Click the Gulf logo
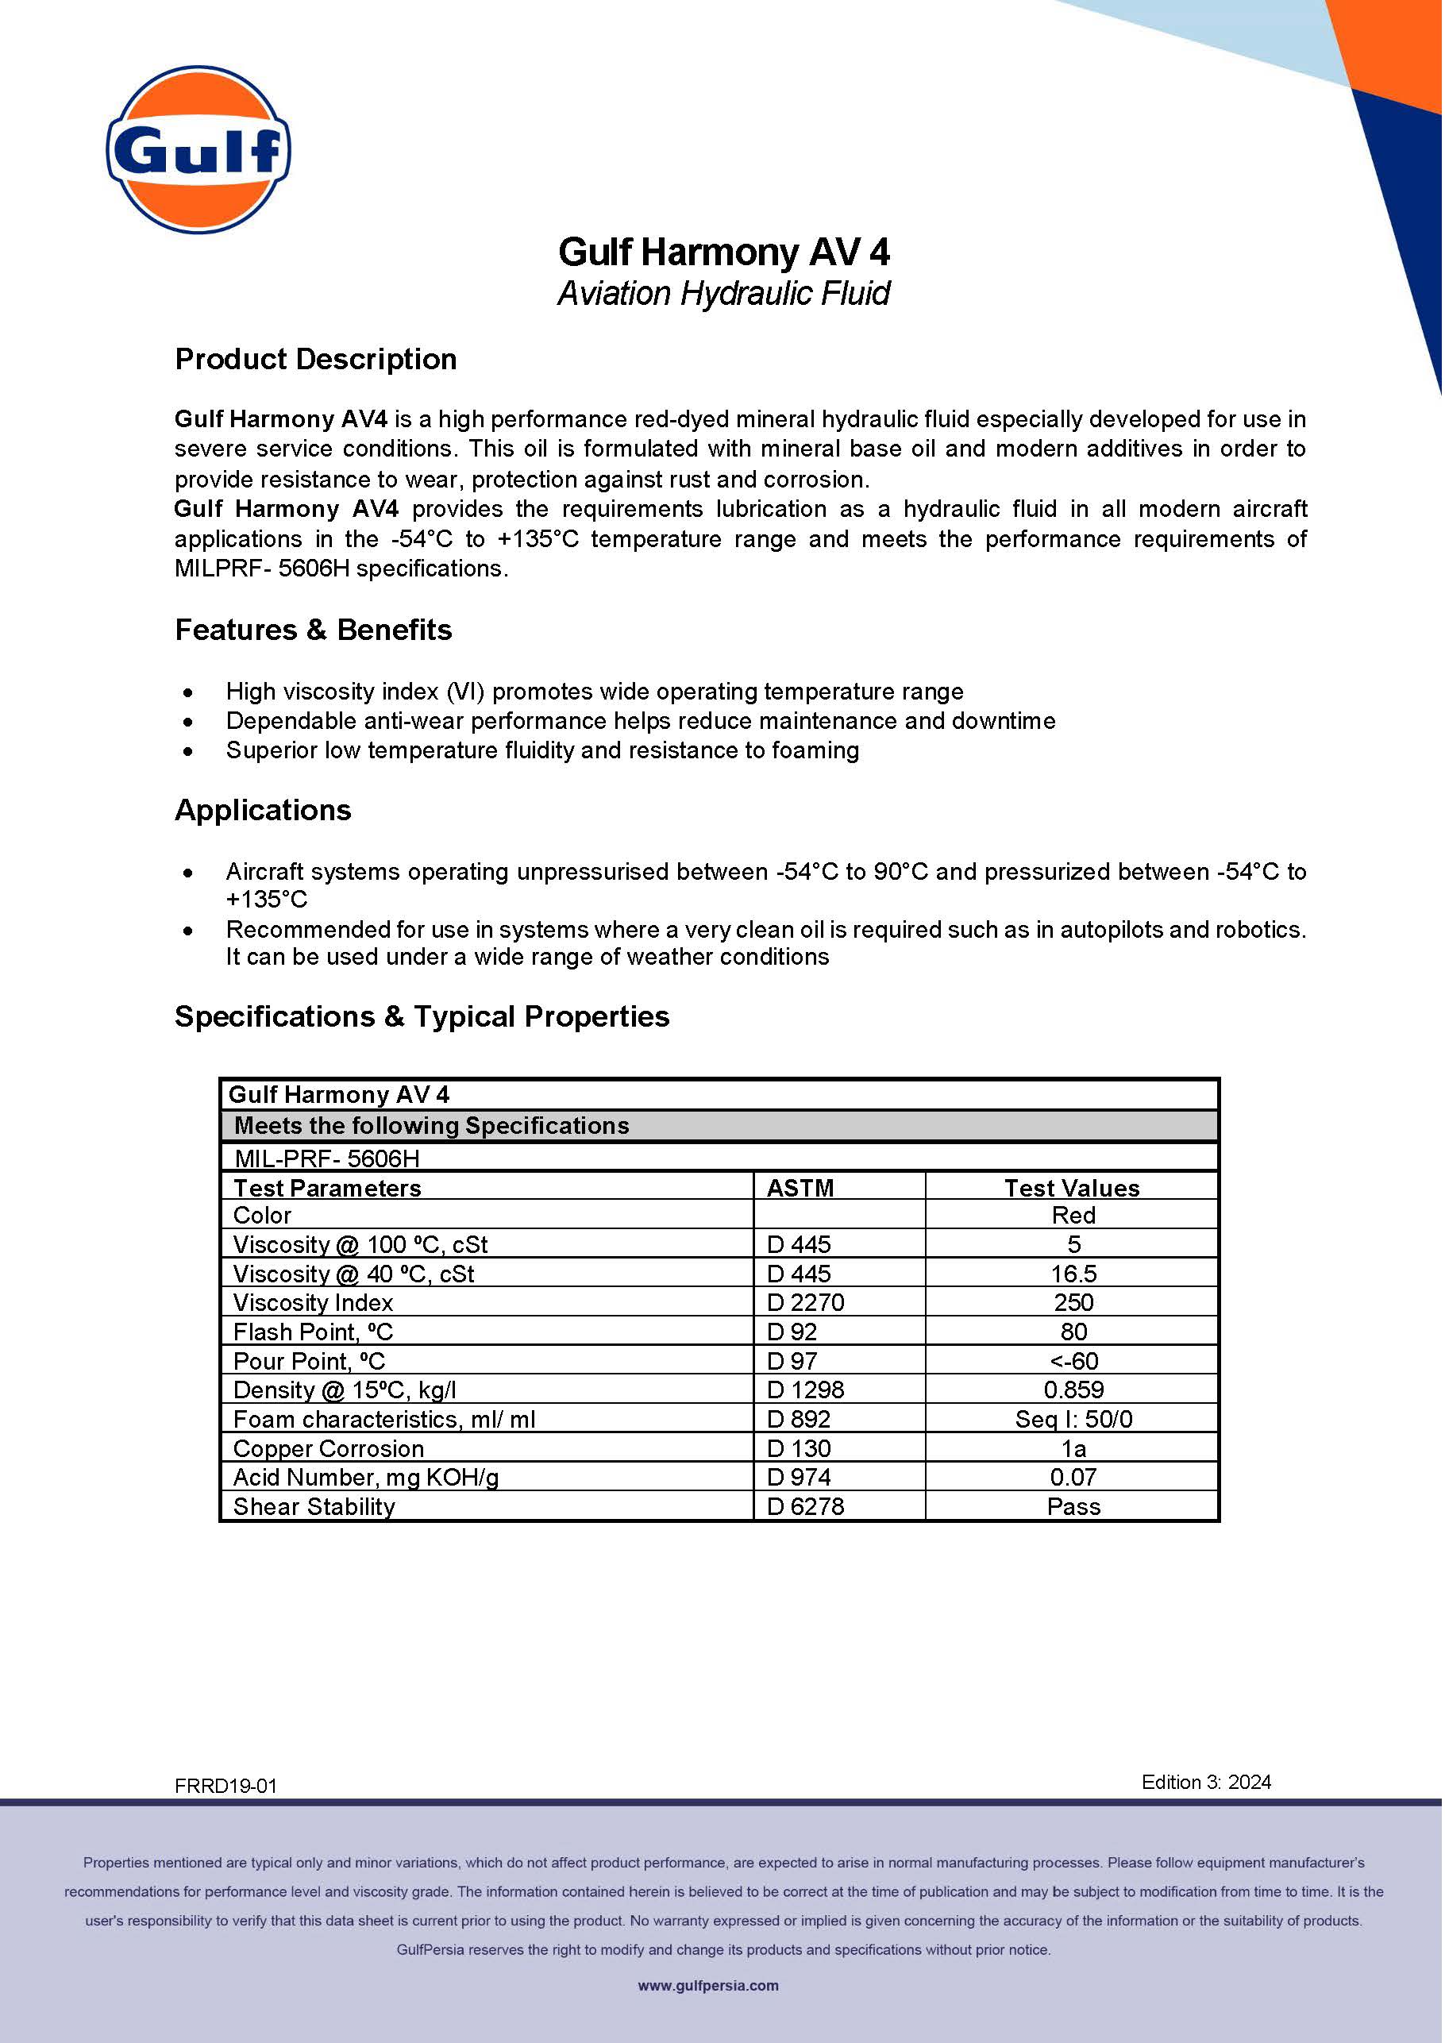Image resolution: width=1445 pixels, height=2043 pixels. click(198, 149)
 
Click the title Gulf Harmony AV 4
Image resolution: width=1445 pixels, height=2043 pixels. click(723, 252)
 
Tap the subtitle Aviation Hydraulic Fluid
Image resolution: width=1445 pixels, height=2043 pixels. click(723, 294)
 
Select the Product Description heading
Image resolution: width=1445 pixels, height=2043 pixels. click(316, 360)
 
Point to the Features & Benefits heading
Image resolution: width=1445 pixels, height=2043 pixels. click(313, 630)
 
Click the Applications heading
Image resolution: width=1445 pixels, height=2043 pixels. click(263, 810)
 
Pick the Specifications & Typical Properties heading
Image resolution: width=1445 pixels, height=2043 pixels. click(422, 1016)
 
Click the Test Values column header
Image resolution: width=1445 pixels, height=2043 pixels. click(1072, 1188)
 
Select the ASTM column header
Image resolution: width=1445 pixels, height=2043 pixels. click(800, 1188)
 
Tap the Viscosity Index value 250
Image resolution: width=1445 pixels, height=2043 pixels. click(1073, 1303)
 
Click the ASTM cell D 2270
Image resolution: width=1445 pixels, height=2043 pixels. click(805, 1303)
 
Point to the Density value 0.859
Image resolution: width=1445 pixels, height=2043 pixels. click(1073, 1390)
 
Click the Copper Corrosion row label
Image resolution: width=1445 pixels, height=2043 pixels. click(329, 1448)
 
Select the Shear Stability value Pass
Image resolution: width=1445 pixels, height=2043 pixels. click(1073, 1506)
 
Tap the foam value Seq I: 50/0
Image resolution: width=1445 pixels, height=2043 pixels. click(1073, 1419)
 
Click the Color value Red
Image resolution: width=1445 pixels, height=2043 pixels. click(1073, 1216)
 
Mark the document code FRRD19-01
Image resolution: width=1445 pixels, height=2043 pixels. click(226, 1786)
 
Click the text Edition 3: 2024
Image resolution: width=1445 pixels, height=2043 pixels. click(1206, 1783)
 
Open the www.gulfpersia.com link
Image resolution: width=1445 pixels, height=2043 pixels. click(708, 1986)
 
